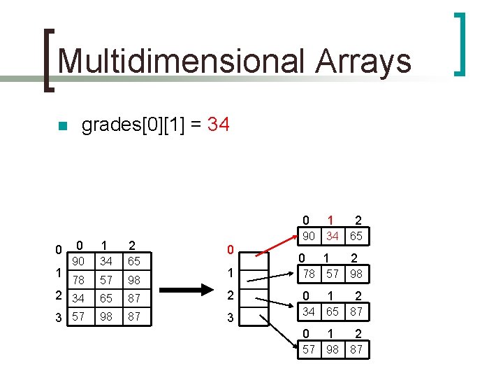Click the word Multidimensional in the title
click(x=182, y=61)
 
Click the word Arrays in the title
click(x=363, y=61)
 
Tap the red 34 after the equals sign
click(x=218, y=125)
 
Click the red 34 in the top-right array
click(x=333, y=237)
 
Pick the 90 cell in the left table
click(x=79, y=261)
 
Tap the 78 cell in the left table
click(x=79, y=280)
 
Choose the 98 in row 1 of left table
click(x=133, y=280)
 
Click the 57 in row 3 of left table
click(x=79, y=317)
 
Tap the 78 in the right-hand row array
click(x=308, y=273)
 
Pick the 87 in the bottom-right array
click(x=356, y=349)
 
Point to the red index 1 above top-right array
click(x=333, y=220)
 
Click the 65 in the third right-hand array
click(x=333, y=311)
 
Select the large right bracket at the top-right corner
click(x=460, y=43)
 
